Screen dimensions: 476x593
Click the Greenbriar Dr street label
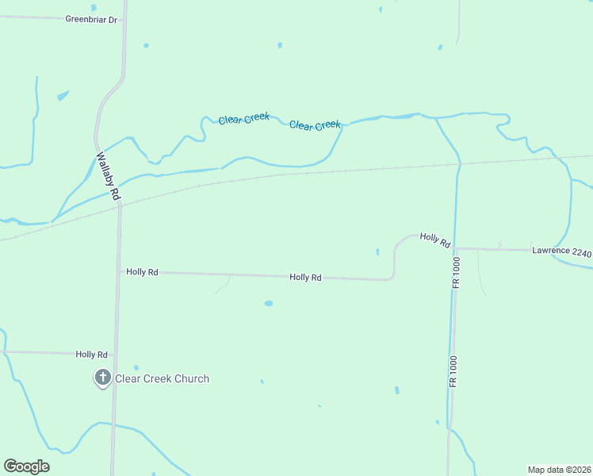[x=91, y=18]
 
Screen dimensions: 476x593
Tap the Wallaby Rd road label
[x=109, y=176]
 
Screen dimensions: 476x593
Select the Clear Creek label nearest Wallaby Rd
[x=244, y=119]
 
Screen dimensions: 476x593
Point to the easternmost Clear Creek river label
[x=315, y=125]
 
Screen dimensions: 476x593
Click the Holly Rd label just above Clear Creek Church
[x=91, y=355]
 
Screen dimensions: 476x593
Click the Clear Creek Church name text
[x=163, y=378]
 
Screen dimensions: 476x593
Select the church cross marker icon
[x=102, y=378]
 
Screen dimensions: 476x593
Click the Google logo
[x=26, y=466]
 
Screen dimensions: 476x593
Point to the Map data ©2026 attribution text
[x=559, y=469]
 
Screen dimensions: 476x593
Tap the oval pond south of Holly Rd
[x=269, y=303]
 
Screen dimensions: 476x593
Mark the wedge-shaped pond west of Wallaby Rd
[x=63, y=97]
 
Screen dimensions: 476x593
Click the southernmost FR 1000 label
[x=453, y=370]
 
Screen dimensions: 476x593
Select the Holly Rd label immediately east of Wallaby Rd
[x=143, y=271]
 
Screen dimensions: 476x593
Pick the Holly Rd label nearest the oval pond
[x=305, y=278]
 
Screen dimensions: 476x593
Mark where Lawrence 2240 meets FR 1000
[x=457, y=248]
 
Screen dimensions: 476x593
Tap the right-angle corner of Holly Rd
[x=393, y=278]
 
